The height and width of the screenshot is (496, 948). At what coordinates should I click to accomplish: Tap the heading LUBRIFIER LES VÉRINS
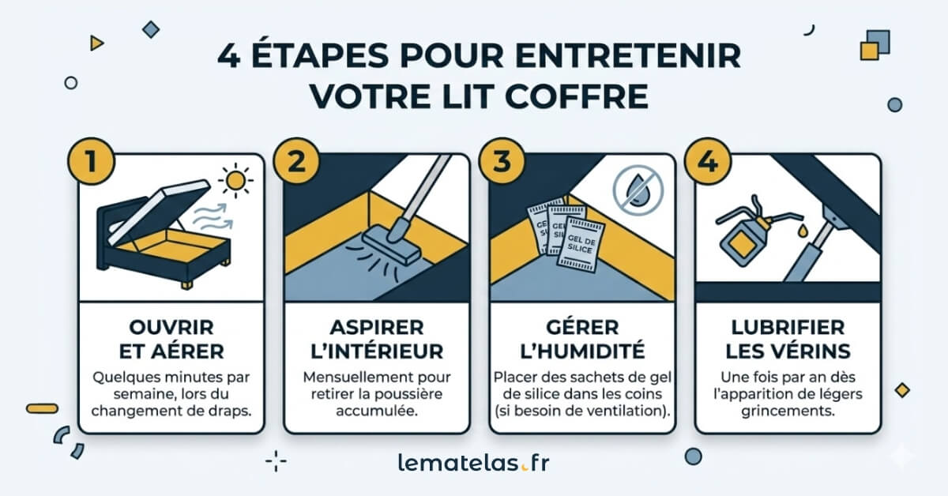787,339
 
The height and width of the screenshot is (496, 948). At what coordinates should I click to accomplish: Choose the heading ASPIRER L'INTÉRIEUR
377,339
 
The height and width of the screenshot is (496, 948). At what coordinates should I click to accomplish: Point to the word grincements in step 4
788,411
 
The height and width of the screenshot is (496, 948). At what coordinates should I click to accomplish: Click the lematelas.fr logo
473,463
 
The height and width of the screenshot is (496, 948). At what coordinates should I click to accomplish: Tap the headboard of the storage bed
105,237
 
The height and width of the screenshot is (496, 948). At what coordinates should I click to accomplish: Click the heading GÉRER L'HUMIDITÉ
582,339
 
